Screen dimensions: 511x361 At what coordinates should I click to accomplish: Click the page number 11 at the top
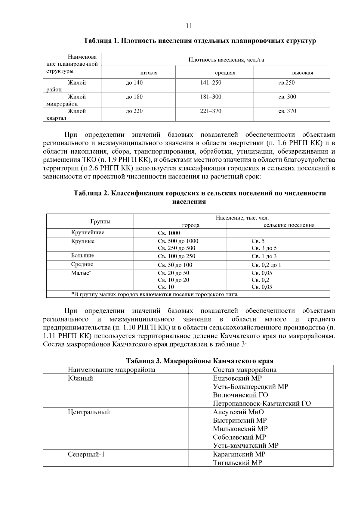pos(189,26)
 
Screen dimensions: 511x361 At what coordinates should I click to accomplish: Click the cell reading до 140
pos(134,83)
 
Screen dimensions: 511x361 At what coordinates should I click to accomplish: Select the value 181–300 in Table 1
pos(211,97)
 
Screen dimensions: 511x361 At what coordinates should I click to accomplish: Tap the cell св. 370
pos(287,111)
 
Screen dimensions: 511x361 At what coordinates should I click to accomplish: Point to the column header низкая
pos(149,73)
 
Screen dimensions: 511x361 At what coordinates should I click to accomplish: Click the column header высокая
pos(302,73)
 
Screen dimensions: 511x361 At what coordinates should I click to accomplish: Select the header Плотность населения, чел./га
pos(226,60)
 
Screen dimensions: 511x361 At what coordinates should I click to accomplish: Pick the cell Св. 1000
pos(169,233)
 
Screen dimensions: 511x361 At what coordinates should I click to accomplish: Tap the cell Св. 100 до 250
pos(177,256)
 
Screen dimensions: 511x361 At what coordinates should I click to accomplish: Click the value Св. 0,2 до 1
pos(266,265)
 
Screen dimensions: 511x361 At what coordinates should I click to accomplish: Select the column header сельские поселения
pos(289,225)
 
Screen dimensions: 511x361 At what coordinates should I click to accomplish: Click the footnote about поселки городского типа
pos(154,294)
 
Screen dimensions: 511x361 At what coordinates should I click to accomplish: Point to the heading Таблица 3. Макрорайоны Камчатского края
pos(200,361)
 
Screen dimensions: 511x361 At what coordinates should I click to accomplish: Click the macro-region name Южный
pos(80,379)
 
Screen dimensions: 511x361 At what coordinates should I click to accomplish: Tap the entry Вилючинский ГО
pos(240,395)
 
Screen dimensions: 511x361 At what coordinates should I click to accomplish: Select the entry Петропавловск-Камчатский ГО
pos(262,404)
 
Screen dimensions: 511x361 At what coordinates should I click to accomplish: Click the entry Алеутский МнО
pos(238,412)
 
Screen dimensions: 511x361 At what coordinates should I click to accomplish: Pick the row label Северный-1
pos(86,454)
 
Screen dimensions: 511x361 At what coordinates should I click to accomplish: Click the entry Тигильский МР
pos(237,463)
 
